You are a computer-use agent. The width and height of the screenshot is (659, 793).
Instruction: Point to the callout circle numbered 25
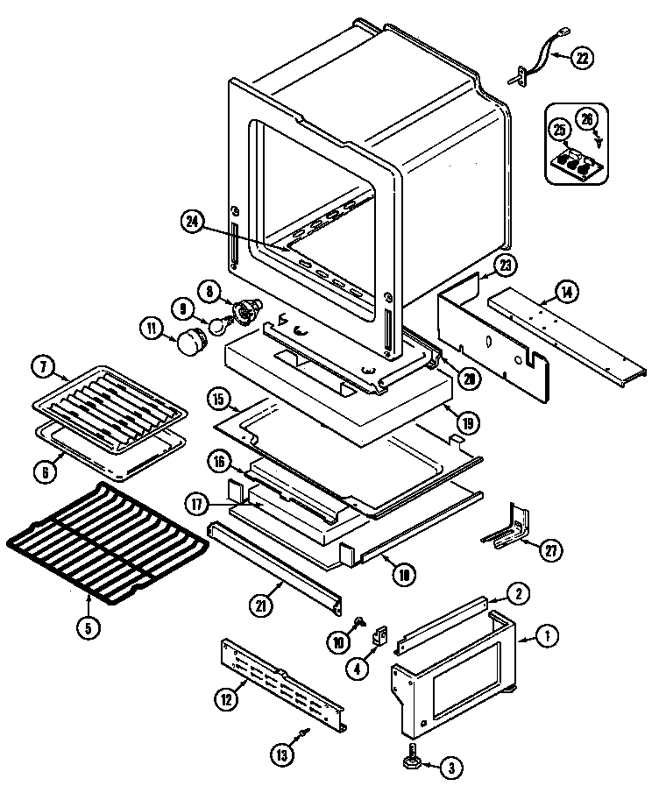[x=558, y=131]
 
